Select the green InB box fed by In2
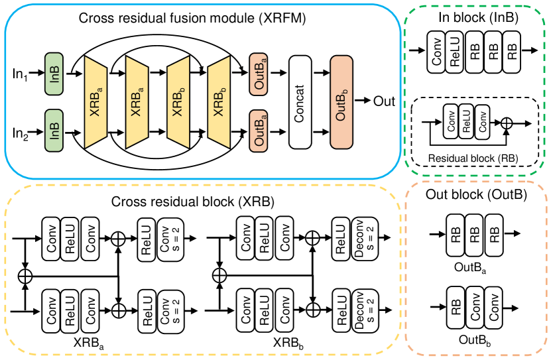(53, 129)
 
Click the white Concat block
(300, 101)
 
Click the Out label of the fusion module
(384, 101)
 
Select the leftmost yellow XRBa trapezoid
(96, 101)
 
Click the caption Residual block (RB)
(473, 158)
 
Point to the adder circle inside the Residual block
(507, 123)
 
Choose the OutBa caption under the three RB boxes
(475, 267)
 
